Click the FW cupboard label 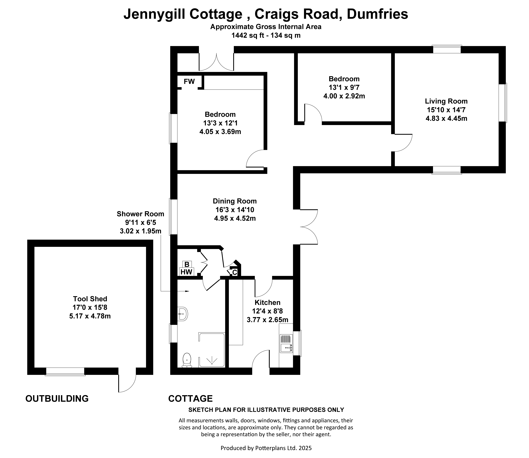(x=189, y=82)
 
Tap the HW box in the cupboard (x=186, y=272)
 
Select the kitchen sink (x=286, y=343)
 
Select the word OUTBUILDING (x=57, y=398)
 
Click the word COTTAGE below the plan (x=190, y=398)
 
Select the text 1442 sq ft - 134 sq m (x=266, y=35)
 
